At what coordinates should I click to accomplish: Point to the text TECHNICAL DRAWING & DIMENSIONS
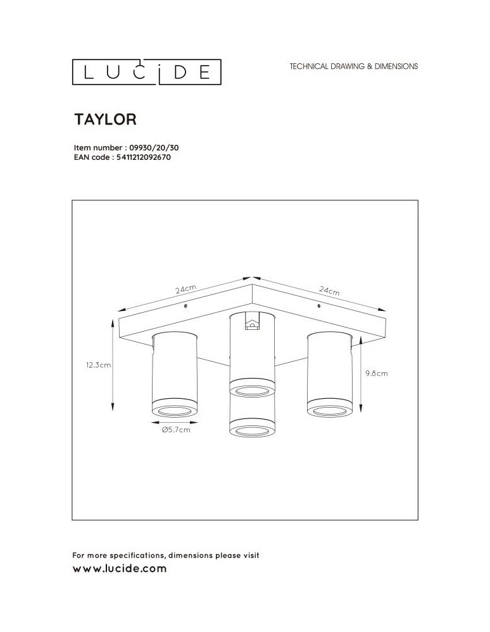click(353, 66)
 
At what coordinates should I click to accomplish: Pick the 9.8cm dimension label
click(376, 374)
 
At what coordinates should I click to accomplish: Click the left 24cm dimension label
click(186, 289)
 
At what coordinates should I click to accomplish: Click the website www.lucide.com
click(120, 569)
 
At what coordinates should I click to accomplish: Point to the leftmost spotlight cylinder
click(175, 373)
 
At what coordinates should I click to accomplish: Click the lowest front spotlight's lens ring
click(251, 431)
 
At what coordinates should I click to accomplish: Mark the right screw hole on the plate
click(318, 306)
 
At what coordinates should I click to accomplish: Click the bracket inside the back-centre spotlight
click(252, 325)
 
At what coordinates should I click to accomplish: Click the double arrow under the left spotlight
click(175, 419)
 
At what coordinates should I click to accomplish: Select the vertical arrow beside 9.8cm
click(360, 373)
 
